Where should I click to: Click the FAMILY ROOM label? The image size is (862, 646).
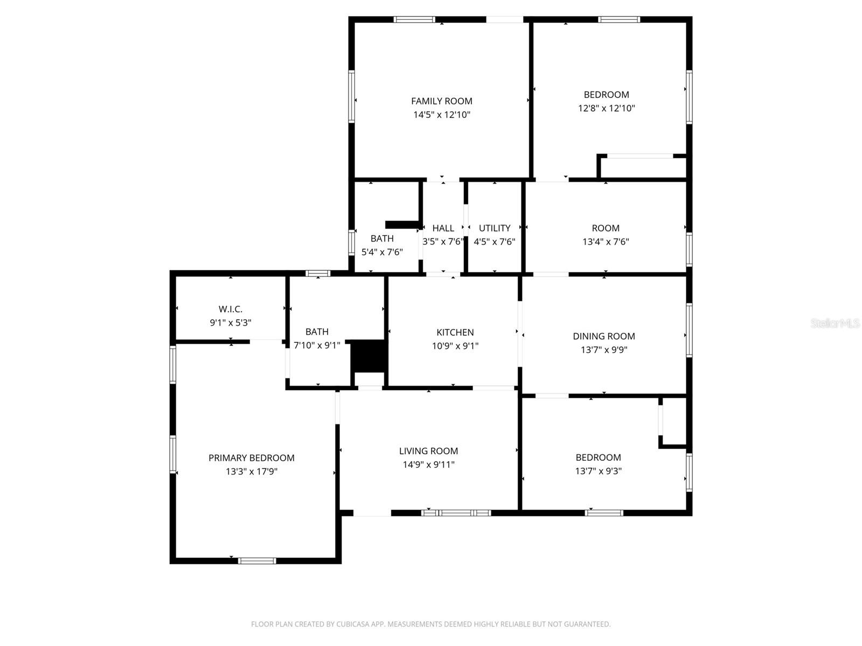tap(441, 101)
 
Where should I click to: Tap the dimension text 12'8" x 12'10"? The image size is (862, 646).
tap(606, 108)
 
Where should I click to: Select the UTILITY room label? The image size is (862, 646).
tap(494, 228)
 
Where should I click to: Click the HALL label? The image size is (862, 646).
tap(443, 228)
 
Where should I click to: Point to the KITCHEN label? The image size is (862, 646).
tap(455, 333)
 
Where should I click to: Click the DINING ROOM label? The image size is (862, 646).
tap(603, 336)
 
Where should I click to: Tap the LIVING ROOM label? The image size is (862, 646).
tap(428, 451)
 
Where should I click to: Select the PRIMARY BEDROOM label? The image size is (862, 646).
tap(251, 458)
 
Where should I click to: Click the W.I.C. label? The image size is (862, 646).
tap(230, 310)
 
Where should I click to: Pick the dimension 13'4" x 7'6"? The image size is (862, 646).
tap(606, 242)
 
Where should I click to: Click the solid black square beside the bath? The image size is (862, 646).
tap(369, 356)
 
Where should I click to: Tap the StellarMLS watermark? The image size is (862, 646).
tap(835, 324)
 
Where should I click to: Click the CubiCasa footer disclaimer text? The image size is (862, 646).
tap(430, 624)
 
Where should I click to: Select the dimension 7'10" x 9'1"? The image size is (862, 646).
tap(317, 346)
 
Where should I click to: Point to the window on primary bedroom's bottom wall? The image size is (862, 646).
tap(257, 561)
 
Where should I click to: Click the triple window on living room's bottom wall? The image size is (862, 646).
tap(456, 513)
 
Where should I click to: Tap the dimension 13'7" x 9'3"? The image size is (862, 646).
tap(598, 471)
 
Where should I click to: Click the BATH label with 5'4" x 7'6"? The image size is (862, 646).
tap(382, 238)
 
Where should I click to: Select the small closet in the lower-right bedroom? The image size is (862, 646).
tap(674, 422)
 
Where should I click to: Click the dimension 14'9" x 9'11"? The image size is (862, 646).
tap(428, 465)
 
